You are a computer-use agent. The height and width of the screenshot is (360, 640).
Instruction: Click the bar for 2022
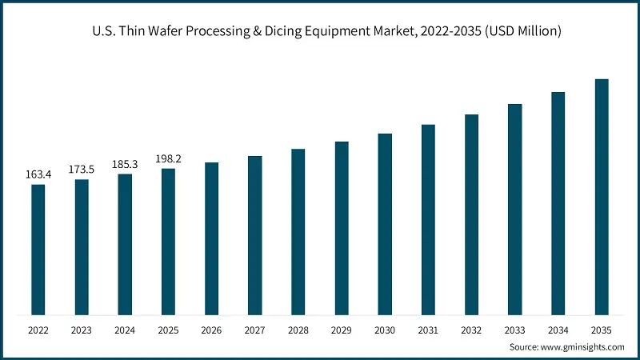tap(38, 250)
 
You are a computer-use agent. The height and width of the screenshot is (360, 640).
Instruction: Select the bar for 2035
tap(602, 197)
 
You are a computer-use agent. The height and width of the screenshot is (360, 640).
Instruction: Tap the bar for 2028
tap(298, 232)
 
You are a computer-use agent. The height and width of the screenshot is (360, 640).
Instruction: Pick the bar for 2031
tap(428, 219)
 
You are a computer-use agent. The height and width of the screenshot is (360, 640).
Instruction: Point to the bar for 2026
tap(211, 238)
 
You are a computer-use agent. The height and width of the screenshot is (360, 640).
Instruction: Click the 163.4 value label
tap(38, 174)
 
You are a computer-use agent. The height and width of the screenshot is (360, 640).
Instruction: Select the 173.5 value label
tap(82, 170)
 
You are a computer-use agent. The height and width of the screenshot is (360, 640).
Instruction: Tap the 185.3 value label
tap(125, 164)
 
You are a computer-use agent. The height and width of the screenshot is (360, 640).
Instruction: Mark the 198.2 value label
tap(168, 158)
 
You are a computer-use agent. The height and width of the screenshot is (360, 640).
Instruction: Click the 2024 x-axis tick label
tap(125, 329)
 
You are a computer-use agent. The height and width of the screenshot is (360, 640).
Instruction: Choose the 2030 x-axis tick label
tap(385, 329)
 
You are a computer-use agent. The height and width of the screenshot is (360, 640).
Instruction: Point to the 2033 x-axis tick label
tap(515, 329)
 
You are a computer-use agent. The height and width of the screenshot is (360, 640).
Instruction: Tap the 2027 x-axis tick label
tap(255, 329)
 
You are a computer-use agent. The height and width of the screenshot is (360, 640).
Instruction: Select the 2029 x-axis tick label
tap(342, 329)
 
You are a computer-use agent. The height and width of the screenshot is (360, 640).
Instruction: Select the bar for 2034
tap(558, 203)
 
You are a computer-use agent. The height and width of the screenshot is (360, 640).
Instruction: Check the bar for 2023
tap(82, 247)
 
